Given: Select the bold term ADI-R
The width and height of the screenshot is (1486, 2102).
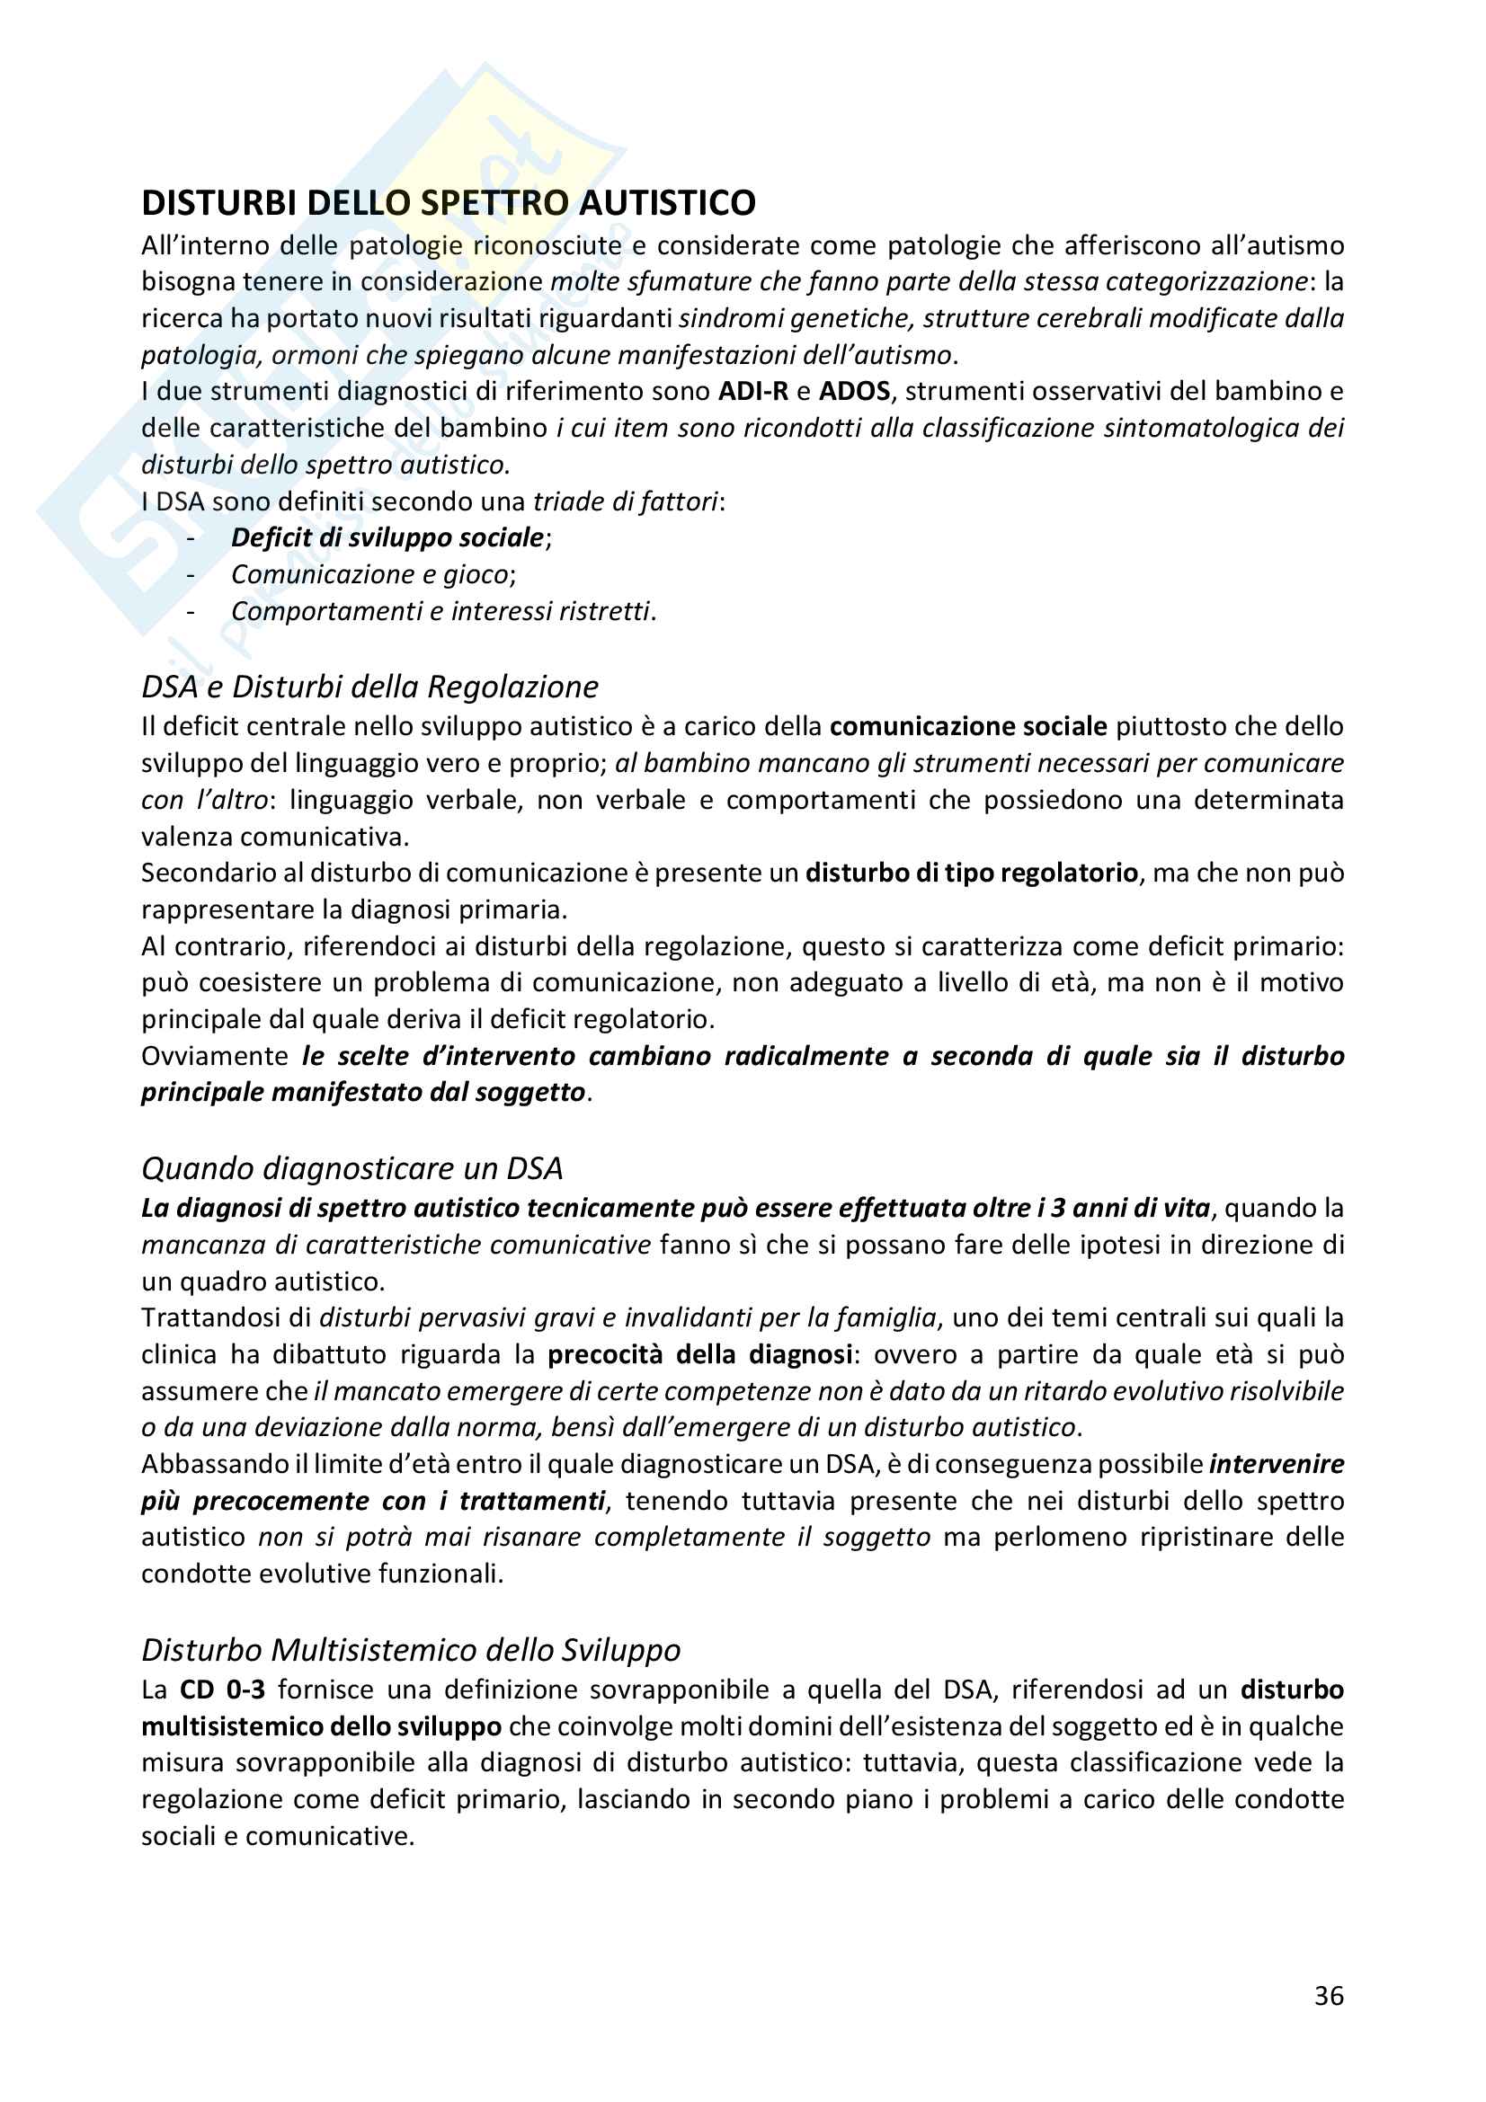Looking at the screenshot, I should tap(752, 392).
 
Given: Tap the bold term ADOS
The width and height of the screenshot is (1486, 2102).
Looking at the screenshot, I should tap(854, 392).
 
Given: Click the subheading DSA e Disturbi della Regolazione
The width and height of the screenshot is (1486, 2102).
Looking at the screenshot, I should tap(369, 687).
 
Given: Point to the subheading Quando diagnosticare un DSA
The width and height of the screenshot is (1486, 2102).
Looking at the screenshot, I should tap(351, 1168).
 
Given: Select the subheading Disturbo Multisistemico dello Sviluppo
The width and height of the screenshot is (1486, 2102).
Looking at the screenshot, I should tap(411, 1650).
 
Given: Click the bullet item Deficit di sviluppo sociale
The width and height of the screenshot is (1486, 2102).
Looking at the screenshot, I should tap(387, 537).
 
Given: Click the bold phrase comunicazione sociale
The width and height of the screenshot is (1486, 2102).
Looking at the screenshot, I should tap(969, 727).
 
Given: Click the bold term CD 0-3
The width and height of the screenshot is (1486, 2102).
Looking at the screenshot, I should tap(222, 1690).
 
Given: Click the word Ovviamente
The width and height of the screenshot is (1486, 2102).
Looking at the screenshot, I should tap(215, 1057).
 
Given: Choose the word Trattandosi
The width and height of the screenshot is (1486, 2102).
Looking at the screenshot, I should tap(222, 1318).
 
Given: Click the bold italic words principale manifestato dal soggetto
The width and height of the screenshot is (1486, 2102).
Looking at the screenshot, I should tap(363, 1093).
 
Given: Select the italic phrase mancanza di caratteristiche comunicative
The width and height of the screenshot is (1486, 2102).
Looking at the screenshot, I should tap(396, 1245).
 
